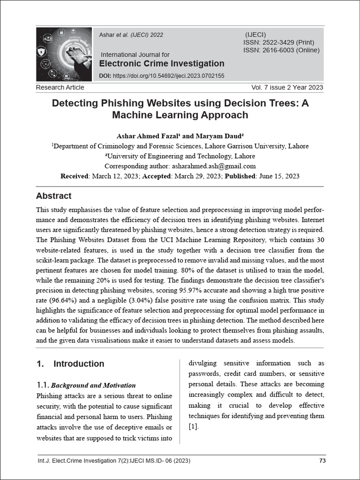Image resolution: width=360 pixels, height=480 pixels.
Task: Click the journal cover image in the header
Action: (64, 54)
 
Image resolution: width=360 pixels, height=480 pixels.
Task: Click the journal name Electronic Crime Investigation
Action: (162, 64)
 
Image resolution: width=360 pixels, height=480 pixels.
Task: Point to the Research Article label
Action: (60, 87)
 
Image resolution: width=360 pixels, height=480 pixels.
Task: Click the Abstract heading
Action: (54, 196)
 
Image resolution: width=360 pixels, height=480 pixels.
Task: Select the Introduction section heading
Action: (79, 364)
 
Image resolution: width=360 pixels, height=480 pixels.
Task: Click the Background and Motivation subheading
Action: (93, 385)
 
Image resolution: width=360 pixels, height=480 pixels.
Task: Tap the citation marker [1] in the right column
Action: (194, 427)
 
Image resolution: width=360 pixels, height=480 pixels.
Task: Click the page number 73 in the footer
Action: (322, 461)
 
